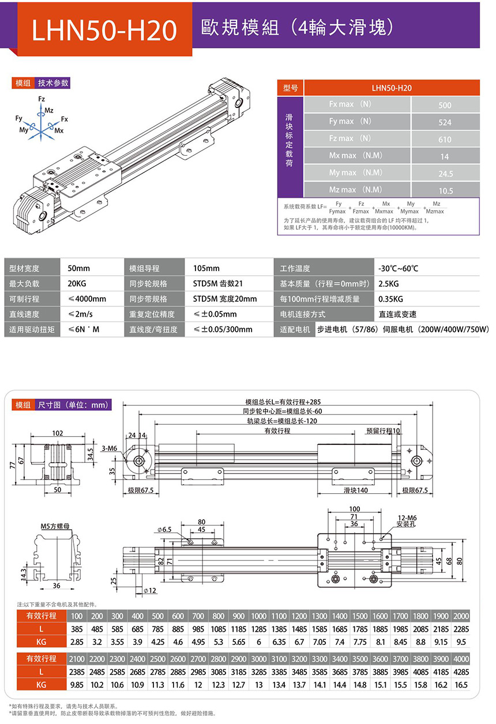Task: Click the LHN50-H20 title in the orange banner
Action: [104, 31]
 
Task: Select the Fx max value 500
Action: [445, 105]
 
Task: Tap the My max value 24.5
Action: [445, 174]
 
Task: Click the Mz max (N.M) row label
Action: [356, 190]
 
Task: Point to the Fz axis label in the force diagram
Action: [41, 99]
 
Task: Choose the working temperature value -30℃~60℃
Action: [398, 268]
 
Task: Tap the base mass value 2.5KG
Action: [388, 284]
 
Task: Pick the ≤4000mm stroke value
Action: [87, 299]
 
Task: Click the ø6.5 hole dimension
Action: [164, 529]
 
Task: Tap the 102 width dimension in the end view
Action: [57, 433]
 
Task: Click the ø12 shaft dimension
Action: [149, 591]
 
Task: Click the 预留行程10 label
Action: [383, 431]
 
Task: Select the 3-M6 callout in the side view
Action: [109, 448]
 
